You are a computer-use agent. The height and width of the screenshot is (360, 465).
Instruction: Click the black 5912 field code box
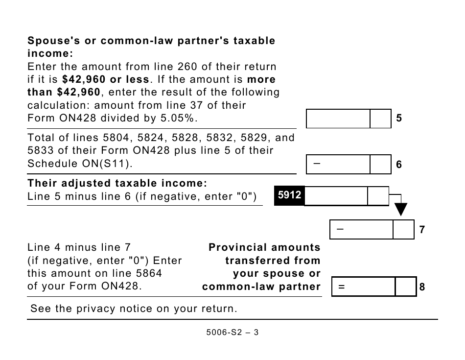(x=289, y=196)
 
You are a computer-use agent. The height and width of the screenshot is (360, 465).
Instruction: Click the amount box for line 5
(x=338, y=119)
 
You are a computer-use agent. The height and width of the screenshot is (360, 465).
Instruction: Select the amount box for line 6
(x=338, y=165)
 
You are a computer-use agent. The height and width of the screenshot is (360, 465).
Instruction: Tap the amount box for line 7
(x=362, y=229)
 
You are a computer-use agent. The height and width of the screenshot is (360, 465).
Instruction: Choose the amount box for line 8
(x=363, y=287)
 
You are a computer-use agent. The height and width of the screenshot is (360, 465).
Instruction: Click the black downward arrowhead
(x=401, y=210)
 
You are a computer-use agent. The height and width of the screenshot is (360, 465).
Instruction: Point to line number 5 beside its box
(x=399, y=119)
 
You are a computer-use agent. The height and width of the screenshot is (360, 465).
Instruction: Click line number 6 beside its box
(x=399, y=165)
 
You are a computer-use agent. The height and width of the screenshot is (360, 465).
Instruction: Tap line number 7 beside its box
(x=422, y=230)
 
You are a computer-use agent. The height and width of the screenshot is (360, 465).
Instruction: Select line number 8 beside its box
(x=422, y=288)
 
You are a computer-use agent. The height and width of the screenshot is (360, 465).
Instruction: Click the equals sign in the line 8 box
(x=341, y=288)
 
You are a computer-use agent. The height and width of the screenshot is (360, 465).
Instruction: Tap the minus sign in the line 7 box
(x=340, y=229)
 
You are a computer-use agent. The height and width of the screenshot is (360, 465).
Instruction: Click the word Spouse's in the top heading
(x=53, y=41)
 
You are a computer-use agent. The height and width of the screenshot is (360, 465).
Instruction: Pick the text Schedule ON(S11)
(x=80, y=164)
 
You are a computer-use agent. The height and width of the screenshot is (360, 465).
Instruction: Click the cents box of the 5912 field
(x=378, y=196)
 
